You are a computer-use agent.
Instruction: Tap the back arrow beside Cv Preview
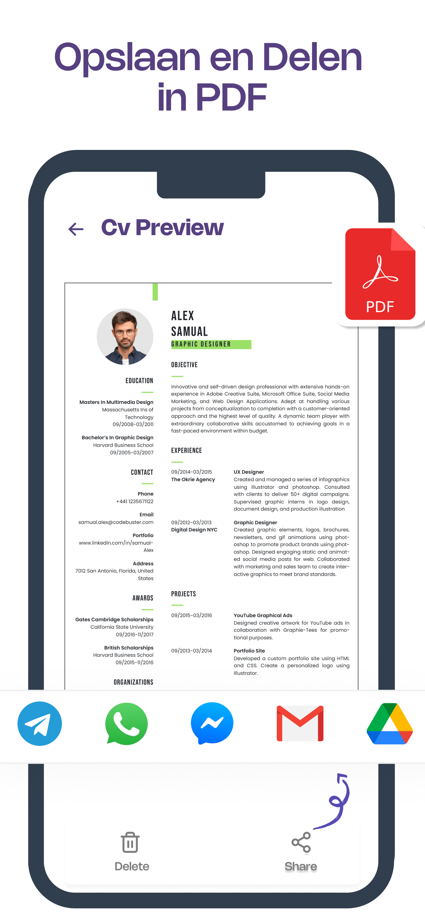pos(76,229)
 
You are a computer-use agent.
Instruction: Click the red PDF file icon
pos(380,274)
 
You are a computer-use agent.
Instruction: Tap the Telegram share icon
pos(40,723)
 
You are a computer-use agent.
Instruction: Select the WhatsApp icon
pos(126,723)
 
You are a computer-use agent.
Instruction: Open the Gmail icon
pos(300,723)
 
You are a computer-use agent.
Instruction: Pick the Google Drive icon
pos(390,723)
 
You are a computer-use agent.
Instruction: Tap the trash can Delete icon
pos(130,842)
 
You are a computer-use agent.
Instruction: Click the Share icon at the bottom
pos(301,842)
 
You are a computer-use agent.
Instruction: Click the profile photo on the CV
pos(125,336)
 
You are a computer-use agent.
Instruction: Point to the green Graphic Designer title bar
pos(211,344)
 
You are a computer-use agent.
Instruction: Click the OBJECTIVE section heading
pos(184,365)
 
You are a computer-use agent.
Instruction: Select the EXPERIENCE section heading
pos(186,450)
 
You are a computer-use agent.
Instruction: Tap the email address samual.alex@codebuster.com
pos(116,522)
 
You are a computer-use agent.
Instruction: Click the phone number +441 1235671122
pos(134,501)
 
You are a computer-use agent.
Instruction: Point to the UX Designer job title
pos(248,472)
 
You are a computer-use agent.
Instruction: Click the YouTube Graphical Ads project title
pos(263,615)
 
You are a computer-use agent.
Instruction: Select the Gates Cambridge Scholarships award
pos(114,619)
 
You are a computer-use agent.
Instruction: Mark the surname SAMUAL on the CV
pos(189,331)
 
